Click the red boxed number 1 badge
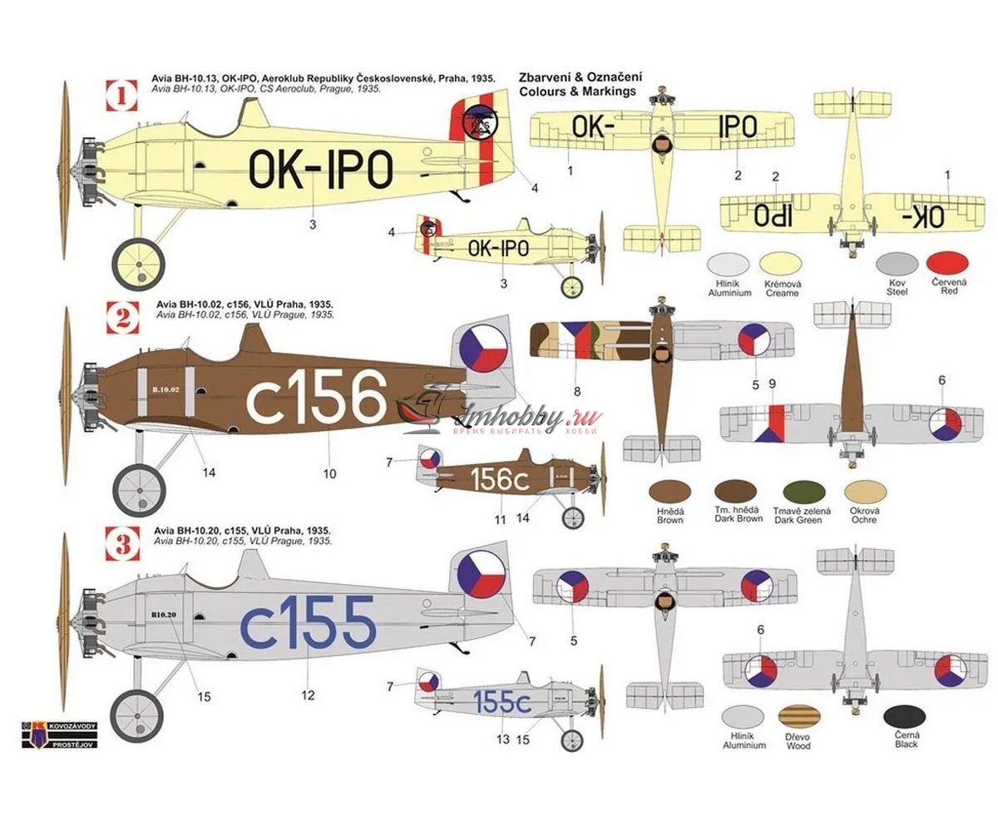121,96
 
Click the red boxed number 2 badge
121,317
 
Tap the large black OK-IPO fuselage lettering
320,170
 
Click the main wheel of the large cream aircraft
139,264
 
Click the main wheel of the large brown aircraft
138,489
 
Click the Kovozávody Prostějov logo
60,734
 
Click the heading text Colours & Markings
576,91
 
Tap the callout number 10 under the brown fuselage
329,473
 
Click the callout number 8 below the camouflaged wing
576,391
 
